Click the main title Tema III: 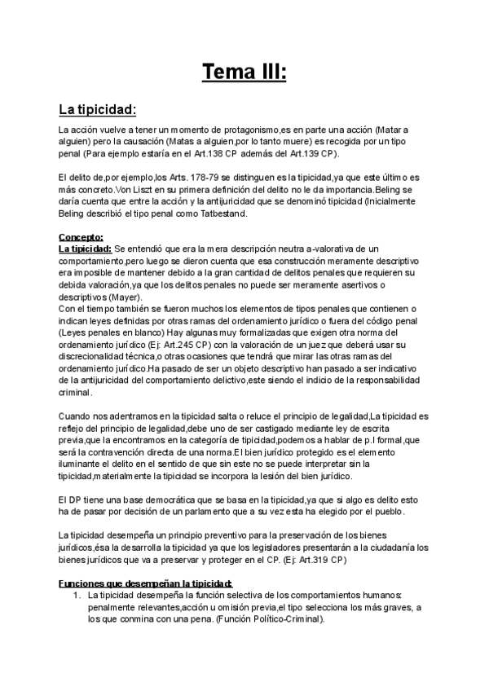tap(244, 71)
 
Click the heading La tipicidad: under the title tap(97, 109)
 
